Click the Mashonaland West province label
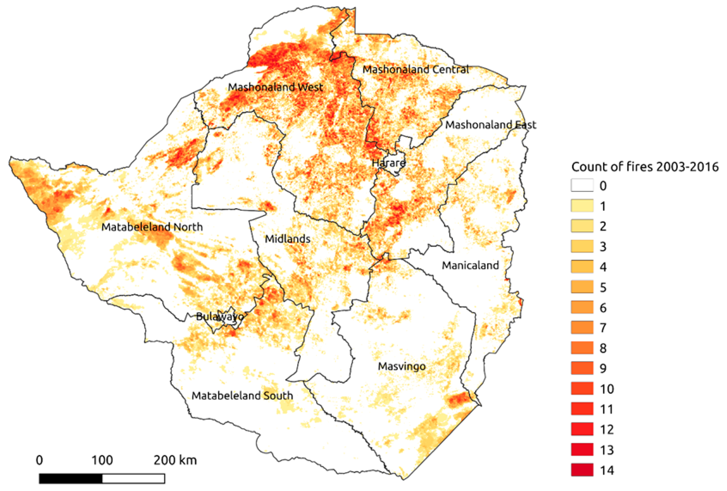click(275, 87)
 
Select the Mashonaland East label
click(491, 125)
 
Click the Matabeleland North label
click(152, 227)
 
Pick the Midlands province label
click(287, 239)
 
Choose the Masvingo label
click(402, 366)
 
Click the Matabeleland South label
click(242, 396)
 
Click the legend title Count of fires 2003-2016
click(645, 167)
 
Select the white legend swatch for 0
click(582, 185)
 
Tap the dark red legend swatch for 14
click(582, 470)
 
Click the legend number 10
click(606, 389)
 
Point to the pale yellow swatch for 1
click(582, 206)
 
